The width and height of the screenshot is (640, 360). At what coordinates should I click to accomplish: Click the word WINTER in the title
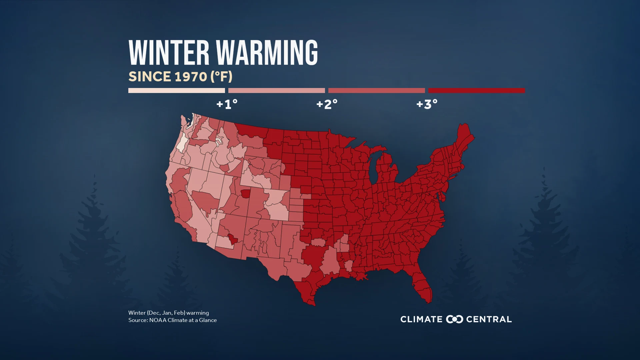pos(169,53)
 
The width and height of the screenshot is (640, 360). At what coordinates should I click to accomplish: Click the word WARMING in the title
pos(267,53)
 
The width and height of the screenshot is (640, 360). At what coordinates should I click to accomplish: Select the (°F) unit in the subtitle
pos(221,77)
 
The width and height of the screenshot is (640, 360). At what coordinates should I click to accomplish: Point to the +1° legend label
pos(227,104)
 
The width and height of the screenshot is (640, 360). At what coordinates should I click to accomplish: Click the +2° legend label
pos(327,104)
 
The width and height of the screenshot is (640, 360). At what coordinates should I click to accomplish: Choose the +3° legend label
pos(427,104)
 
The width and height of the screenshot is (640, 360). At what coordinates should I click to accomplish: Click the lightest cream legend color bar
pos(176,90)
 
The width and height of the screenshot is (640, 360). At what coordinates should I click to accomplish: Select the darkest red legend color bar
pos(476,90)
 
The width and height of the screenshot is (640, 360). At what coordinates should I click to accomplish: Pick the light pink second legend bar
pos(276,90)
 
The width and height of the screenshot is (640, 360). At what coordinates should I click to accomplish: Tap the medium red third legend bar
pos(376,90)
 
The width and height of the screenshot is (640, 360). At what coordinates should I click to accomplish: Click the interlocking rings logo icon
pos(454,319)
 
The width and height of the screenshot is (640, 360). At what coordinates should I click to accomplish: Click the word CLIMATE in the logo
pos(421,319)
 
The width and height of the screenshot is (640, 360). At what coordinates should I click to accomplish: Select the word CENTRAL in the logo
pos(489,319)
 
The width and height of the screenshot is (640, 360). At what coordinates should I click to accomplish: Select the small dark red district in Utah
pos(246,194)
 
